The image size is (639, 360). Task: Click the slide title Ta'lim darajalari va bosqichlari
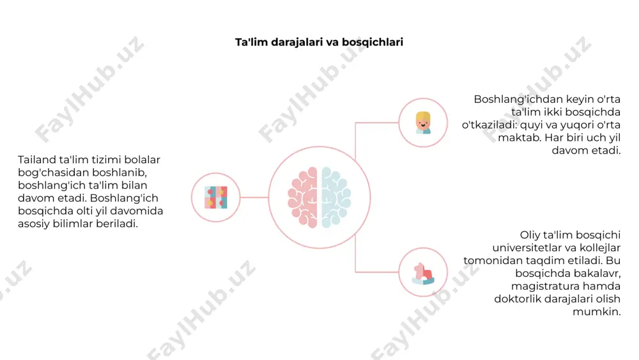tap(319, 42)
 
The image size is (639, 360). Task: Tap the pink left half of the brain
tap(302, 198)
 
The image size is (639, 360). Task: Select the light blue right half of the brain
tap(336, 198)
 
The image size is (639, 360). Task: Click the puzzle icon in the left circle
tap(215, 198)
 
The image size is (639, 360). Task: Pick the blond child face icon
tap(423, 123)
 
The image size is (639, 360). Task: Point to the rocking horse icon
tap(423, 273)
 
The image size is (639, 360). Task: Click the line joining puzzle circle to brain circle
tap(254, 198)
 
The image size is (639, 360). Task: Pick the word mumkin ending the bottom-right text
tap(597, 312)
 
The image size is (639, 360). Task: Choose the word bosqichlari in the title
tap(373, 42)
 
